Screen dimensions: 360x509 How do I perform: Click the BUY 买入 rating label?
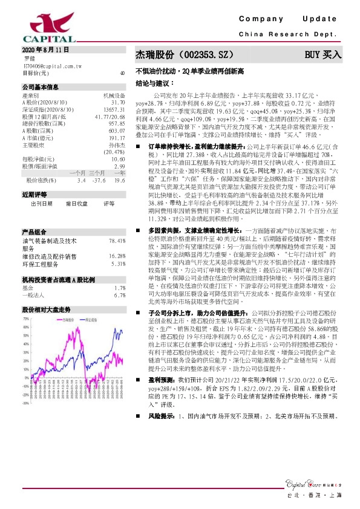[322, 54]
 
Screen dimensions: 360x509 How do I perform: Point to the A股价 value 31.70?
[117, 103]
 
